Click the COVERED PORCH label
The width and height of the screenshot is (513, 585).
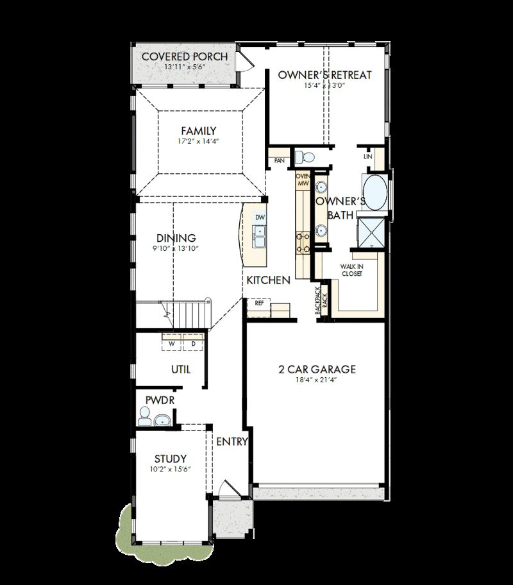(x=184, y=56)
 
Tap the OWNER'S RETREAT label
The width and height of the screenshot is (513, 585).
(x=324, y=75)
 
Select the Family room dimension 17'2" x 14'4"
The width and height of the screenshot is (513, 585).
(x=198, y=142)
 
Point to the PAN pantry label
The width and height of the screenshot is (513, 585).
(x=279, y=160)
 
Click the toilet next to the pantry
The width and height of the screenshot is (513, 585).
(x=305, y=157)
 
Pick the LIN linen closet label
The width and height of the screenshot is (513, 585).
(x=367, y=157)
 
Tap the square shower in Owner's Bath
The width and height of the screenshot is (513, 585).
(x=371, y=232)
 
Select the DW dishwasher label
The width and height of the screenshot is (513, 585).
(x=260, y=217)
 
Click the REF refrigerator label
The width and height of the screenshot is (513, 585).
(x=259, y=302)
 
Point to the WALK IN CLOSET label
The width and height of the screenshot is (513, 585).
(x=351, y=269)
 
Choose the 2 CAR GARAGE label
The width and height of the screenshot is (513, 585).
(x=317, y=369)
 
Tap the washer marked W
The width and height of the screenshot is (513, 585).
(x=172, y=344)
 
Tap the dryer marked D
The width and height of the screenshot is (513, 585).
(x=192, y=344)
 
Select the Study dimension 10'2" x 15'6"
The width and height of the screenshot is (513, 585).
(x=171, y=470)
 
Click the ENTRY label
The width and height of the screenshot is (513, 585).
(x=231, y=442)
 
